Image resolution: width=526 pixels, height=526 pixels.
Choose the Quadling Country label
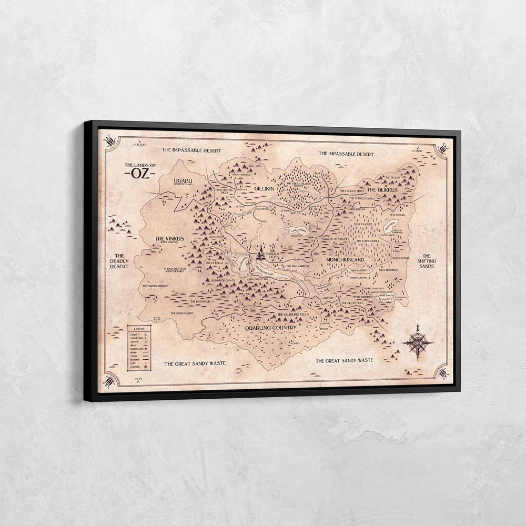271,327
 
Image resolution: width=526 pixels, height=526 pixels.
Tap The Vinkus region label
169,238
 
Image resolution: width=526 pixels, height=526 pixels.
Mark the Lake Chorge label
298,230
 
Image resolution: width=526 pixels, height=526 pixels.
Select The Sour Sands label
181,313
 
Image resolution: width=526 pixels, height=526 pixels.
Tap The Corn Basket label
367,241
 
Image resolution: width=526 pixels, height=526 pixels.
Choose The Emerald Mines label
352,191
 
